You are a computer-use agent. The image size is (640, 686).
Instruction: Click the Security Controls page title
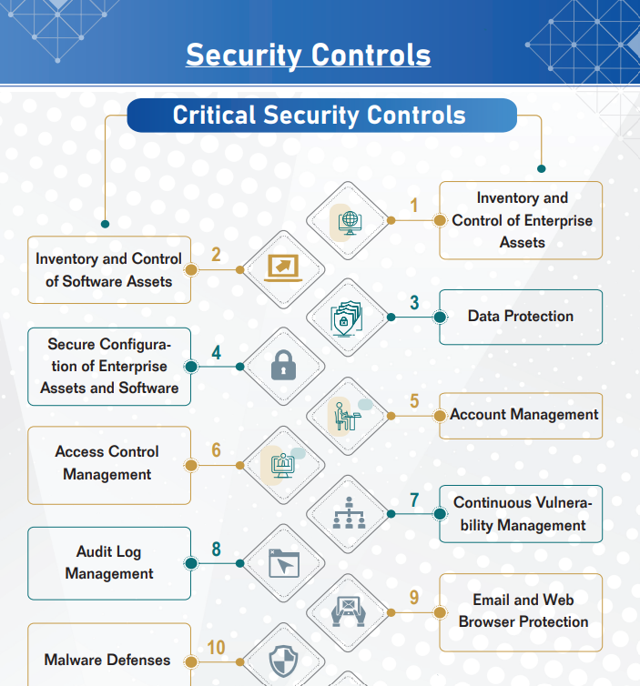tap(309, 55)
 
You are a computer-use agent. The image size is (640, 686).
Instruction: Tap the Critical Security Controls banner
tap(321, 115)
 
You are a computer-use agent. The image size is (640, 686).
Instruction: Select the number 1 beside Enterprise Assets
tap(413, 206)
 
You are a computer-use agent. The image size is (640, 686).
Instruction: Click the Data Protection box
tap(521, 317)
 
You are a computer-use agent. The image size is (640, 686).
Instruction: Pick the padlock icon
tap(284, 365)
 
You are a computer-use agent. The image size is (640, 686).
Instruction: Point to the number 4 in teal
tap(217, 353)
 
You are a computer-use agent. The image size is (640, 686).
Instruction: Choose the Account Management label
tap(524, 414)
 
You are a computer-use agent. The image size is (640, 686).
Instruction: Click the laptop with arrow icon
tap(283, 268)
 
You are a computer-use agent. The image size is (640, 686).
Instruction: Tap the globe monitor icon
tap(350, 222)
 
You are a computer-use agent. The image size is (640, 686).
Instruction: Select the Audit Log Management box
tap(109, 563)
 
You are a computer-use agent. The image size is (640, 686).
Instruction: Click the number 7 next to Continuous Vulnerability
tap(414, 500)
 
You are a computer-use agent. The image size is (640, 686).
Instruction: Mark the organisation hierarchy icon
tap(349, 513)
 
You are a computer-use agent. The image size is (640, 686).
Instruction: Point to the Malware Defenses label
tap(107, 660)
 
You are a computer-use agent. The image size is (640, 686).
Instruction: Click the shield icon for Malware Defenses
tap(284, 661)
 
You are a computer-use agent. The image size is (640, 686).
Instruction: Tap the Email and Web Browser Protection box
tap(521, 612)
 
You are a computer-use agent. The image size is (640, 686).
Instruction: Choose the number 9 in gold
tap(414, 598)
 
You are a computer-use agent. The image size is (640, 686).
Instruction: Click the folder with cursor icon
tap(284, 563)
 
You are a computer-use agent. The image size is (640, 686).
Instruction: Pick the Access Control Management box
tap(109, 466)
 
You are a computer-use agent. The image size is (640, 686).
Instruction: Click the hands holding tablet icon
tap(349, 611)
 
